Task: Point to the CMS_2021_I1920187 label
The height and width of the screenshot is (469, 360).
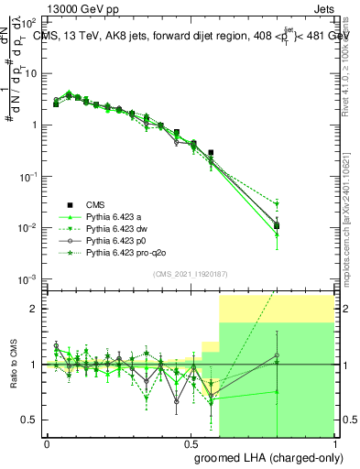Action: (x=191, y=274)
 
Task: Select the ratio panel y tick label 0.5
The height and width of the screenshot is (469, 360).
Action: (x=31, y=420)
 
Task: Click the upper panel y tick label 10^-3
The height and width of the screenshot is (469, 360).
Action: (x=27, y=278)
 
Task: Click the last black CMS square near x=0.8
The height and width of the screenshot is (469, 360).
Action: (x=277, y=224)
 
